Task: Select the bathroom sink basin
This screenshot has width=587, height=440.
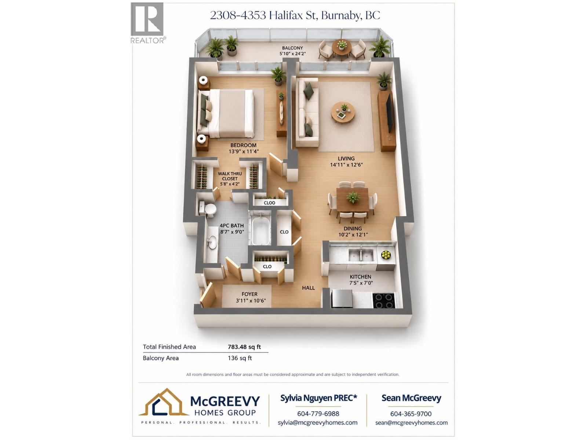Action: pos(212,242)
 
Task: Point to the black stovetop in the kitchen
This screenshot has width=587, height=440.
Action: pos(383,301)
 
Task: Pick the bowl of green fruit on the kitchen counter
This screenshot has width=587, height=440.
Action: pos(386,254)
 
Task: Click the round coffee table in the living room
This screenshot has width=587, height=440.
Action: pos(343,112)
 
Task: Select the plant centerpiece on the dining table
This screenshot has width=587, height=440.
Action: pos(353,197)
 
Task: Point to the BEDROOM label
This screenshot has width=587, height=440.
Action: pos(243,145)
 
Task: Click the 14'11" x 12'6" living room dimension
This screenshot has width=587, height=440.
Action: pos(346,165)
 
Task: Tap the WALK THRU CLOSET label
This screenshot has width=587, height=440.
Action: pos(230,176)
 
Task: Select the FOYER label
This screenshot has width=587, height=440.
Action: pos(249,294)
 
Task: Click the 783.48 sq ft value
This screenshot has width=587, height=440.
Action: pos(244,347)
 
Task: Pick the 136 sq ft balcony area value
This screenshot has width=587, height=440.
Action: pos(240,358)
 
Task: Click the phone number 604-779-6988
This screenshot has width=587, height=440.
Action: pos(318,414)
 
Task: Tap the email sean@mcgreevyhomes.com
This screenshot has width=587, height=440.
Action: pos(411,423)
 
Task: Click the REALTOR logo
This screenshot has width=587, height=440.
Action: pos(147,23)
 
